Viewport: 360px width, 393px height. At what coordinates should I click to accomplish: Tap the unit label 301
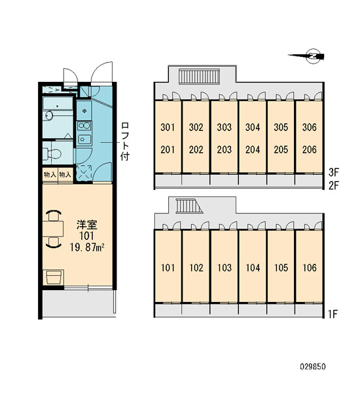coord(168,127)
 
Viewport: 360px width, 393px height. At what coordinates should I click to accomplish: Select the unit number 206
coord(309,149)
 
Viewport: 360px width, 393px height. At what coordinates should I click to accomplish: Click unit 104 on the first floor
coord(253,268)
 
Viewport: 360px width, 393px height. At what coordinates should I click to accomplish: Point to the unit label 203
coord(225,149)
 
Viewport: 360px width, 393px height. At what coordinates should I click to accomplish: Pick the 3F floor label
coord(333,172)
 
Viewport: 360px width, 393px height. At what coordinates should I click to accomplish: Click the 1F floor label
coord(333,314)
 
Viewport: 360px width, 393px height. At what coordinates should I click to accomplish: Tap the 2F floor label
coord(333,185)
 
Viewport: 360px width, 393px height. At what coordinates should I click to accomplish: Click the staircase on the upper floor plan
coord(199,76)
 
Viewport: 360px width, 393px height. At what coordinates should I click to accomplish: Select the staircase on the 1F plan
coord(189,206)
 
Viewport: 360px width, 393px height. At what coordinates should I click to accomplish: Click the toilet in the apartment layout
coord(52,153)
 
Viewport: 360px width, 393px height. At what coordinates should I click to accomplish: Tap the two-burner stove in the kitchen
coord(84,126)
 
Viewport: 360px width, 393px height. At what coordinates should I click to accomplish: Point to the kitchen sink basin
coord(84,140)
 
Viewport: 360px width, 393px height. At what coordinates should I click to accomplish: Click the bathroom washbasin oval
coord(49,115)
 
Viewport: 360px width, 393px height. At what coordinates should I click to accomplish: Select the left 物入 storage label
coord(50,174)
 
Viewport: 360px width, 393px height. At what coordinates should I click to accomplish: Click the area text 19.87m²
coord(86,248)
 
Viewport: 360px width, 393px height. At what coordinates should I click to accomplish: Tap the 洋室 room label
coord(86,225)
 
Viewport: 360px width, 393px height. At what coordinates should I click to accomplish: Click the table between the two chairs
coord(53,229)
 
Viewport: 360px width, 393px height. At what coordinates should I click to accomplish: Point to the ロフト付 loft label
coord(125,141)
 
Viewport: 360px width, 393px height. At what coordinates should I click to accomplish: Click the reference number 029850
coord(313,367)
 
